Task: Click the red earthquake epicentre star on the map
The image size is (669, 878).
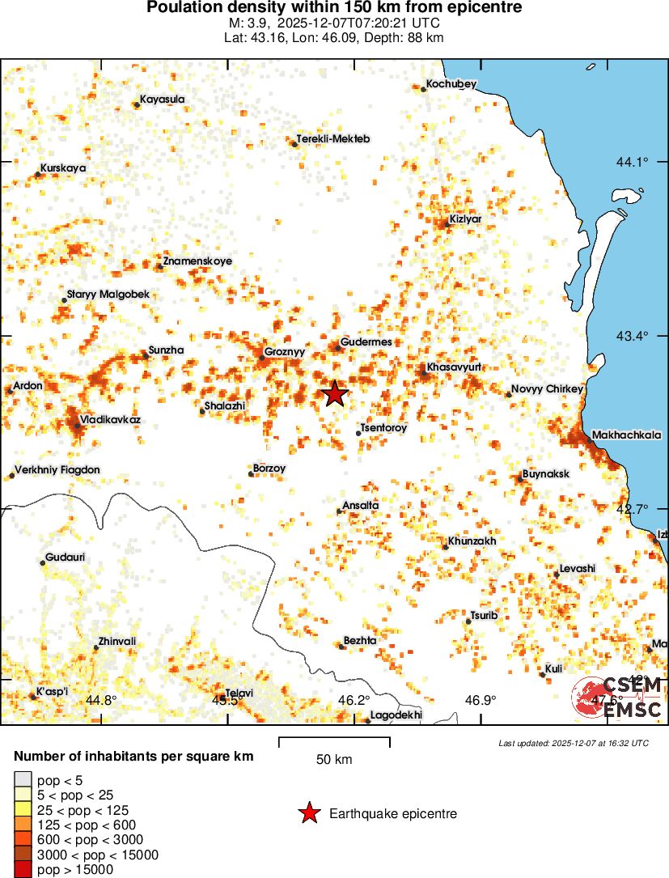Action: point(334,394)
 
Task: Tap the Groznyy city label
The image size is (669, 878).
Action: point(285,353)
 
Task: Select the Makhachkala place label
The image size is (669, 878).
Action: point(626,435)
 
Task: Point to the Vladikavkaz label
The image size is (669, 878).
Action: point(110,419)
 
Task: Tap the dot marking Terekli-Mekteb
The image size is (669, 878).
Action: point(294,143)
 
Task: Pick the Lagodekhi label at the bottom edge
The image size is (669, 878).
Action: point(396,715)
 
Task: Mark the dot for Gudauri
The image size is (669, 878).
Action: point(42,562)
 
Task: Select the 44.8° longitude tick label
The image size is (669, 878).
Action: point(101,700)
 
